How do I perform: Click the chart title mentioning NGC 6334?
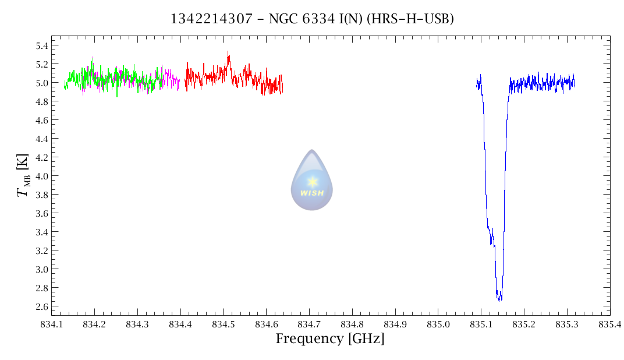coord(311,19)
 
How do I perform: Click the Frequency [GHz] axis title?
coord(329,338)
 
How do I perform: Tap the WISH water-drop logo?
coord(312,181)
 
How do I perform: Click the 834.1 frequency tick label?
coord(51,323)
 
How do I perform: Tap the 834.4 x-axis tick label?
coord(180,323)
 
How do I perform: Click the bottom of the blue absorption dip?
coord(499,299)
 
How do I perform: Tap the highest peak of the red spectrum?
coord(228,52)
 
